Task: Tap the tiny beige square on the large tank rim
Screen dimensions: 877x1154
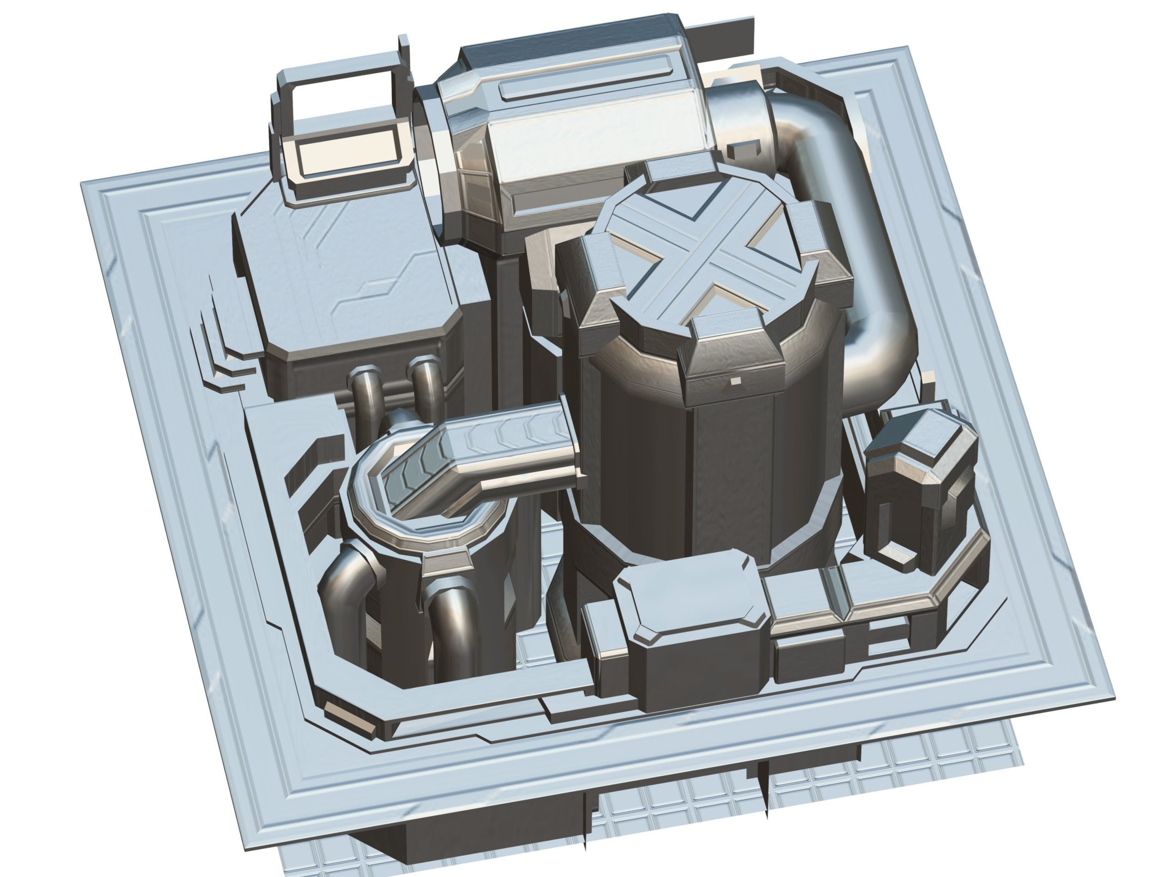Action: (x=735, y=382)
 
